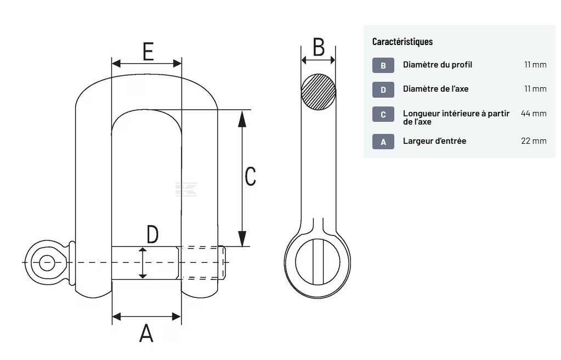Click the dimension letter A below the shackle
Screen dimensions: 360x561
[x=146, y=333]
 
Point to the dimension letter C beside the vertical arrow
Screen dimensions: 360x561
[x=250, y=176]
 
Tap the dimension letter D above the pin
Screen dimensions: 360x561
[x=152, y=234]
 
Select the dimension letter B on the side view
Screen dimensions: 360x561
[x=319, y=47]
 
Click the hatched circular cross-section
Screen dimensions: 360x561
[x=319, y=92]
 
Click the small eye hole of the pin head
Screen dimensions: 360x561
[x=47, y=262]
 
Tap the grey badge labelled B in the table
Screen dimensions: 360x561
[x=383, y=65]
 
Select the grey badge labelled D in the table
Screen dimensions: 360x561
[x=383, y=89]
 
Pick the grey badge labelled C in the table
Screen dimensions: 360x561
[x=383, y=114]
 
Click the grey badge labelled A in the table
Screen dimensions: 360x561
[x=383, y=142]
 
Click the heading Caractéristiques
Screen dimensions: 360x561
[x=402, y=42]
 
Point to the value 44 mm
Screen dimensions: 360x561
[x=533, y=114]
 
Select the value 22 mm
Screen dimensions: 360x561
[x=533, y=141]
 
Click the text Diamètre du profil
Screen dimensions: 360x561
[x=437, y=65]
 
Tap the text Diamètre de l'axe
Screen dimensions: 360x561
[x=435, y=89]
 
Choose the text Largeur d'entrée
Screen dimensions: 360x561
[x=434, y=141]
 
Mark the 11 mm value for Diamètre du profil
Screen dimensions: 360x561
[x=535, y=65]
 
